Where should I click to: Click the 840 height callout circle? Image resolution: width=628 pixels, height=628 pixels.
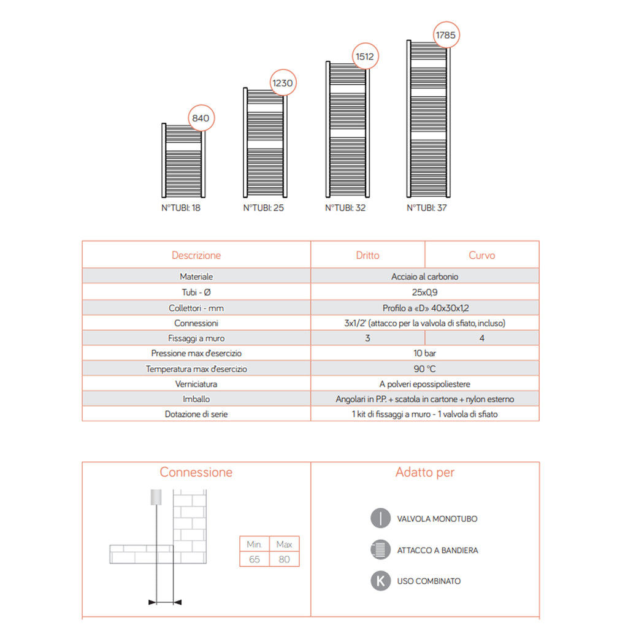202,118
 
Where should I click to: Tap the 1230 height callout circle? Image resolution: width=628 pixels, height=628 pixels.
282,83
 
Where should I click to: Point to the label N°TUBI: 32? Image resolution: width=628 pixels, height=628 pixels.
345,208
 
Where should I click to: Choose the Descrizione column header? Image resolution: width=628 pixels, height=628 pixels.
196,255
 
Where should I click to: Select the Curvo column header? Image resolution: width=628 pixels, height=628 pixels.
481,255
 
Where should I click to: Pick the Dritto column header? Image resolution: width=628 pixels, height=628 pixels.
367,255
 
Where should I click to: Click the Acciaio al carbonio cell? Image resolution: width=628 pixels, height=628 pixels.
424,277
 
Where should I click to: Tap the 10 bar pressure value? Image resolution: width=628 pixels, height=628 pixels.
424,353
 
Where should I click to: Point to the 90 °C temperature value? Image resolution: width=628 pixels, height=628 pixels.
424,369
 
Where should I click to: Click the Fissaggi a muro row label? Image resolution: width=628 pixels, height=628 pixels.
196,338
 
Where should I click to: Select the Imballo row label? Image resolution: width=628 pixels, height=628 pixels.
196,399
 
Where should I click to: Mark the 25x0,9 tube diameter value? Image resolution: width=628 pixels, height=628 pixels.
424,293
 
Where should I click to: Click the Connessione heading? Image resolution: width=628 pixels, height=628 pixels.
196,472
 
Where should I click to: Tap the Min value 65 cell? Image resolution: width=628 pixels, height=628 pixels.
255,559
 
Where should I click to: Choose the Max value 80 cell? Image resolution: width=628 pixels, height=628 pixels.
284,559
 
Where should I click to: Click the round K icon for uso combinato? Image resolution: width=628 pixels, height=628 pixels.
381,581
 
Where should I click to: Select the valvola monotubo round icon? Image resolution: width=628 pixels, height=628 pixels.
381,518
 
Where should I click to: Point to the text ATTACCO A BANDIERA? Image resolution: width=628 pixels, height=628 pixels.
437,550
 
